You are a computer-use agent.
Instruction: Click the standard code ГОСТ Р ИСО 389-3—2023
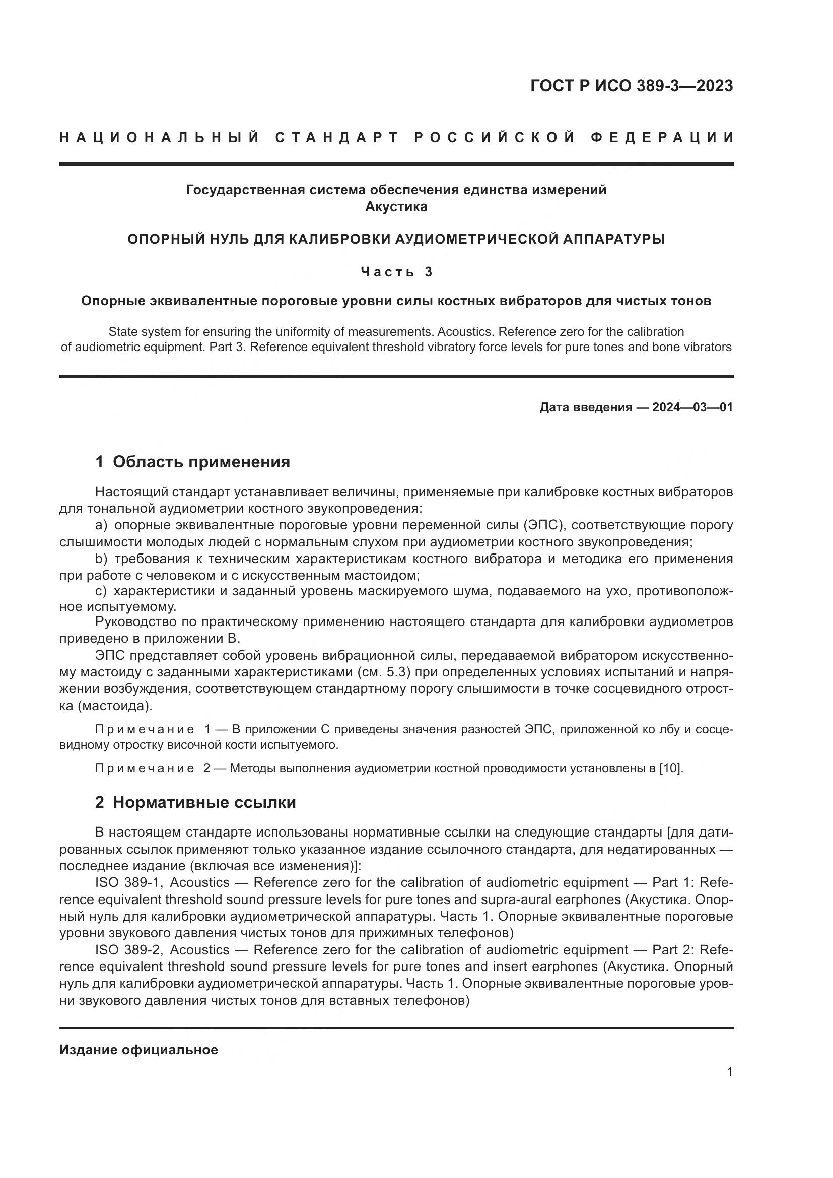coord(632,86)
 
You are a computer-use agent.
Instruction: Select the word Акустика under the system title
coord(396,207)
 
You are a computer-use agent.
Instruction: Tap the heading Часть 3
coord(396,271)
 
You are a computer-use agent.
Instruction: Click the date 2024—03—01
coord(692,407)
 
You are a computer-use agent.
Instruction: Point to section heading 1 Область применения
coord(192,462)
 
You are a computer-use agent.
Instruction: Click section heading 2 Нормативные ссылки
coord(195,802)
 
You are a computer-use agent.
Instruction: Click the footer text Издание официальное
coord(138,1050)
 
